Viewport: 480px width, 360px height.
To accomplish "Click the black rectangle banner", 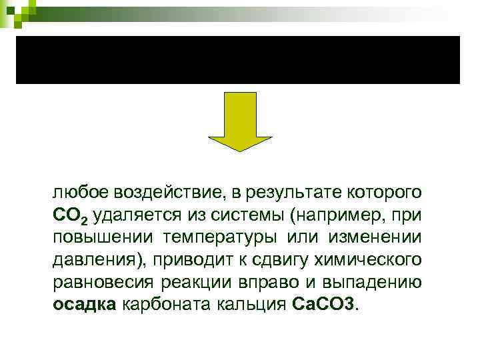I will (238, 60).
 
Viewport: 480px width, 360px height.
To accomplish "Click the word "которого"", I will (383, 193).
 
